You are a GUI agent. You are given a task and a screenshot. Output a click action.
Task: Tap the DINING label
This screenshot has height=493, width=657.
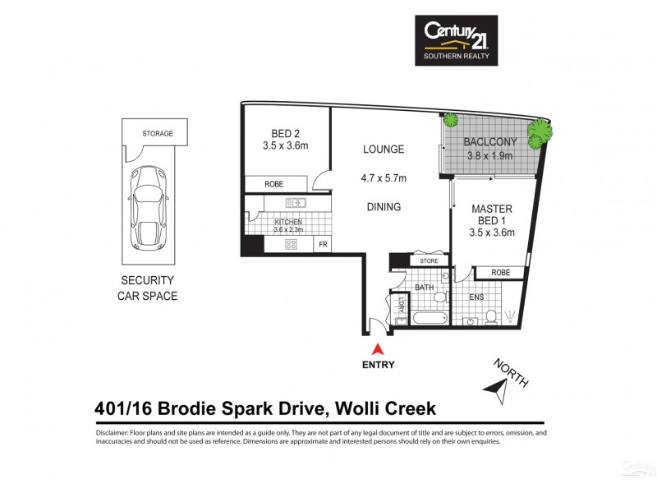384,207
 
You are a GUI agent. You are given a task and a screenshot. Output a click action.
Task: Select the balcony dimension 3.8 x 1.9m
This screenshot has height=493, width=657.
489,155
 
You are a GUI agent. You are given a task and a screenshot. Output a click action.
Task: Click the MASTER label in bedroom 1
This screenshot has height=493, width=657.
492,210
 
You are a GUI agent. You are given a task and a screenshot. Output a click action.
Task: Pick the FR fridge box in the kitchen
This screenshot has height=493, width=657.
324,245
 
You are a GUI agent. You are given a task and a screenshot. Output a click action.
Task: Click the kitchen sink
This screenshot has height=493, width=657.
295,202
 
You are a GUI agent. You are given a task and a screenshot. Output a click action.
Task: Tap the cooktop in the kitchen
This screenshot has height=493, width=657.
291,244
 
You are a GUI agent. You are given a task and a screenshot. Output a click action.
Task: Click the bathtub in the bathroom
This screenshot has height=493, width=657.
429,318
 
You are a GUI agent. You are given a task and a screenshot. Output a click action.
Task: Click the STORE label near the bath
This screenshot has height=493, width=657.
429,261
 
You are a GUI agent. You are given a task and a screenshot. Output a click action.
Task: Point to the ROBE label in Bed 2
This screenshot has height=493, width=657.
274,185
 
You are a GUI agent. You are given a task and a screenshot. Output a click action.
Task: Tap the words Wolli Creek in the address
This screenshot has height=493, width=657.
388,408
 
